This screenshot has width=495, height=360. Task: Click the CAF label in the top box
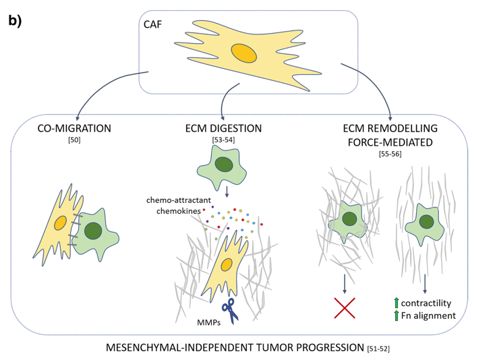(x=153, y=25)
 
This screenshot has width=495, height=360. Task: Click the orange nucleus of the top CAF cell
(x=243, y=53)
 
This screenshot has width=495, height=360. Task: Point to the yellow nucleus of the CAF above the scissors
(x=227, y=264)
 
